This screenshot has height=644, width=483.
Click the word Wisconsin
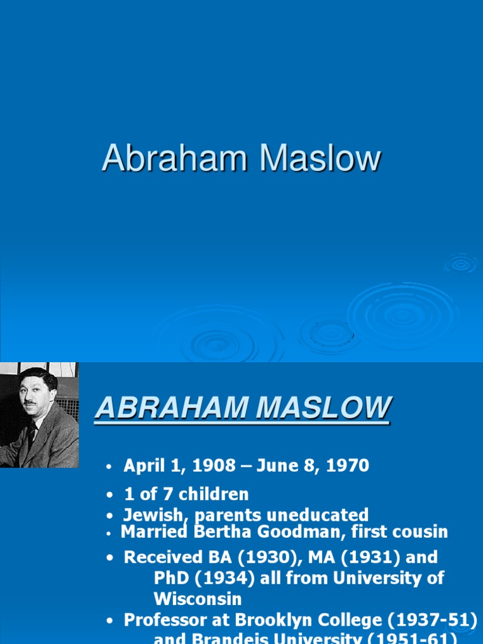click(197, 599)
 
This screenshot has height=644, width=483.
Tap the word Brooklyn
click(268, 620)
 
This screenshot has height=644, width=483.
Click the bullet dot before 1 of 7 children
click(110, 495)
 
